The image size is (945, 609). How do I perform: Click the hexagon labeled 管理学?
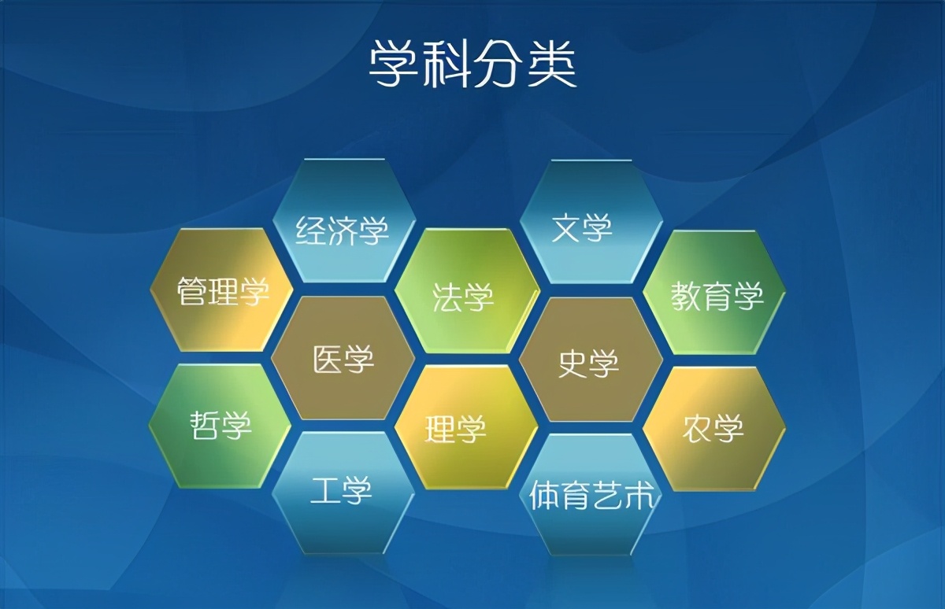pos(221,290)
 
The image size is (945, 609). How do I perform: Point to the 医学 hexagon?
pos(344,359)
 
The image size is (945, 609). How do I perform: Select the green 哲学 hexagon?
pos(220,426)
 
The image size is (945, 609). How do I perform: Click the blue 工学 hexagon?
pos(343,493)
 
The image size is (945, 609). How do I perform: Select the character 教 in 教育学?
pos(686,295)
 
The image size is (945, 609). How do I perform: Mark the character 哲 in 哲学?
pos(204,426)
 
